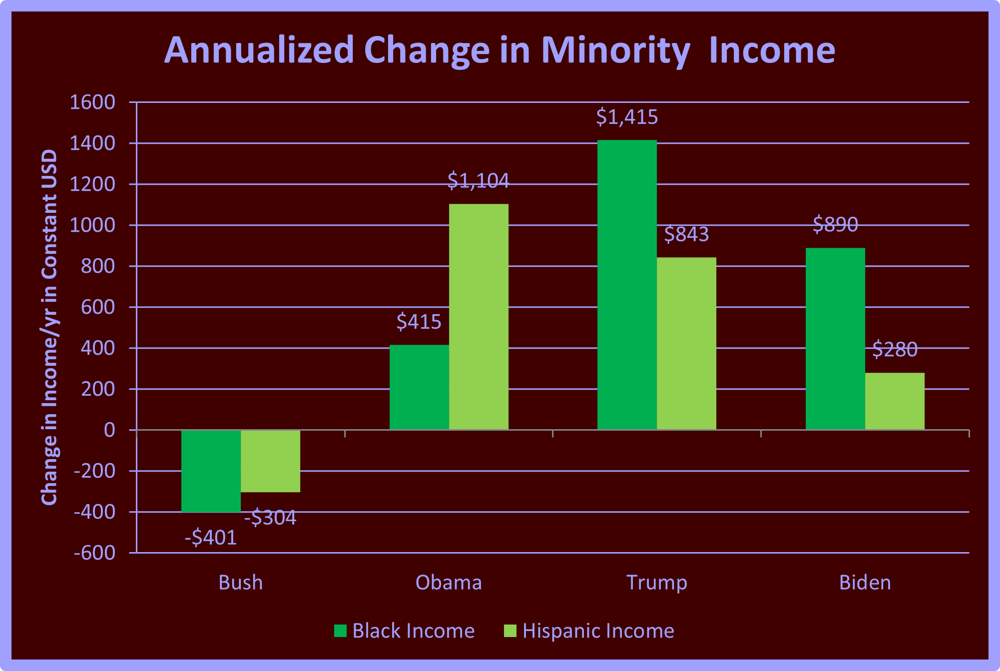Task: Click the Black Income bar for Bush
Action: (211, 471)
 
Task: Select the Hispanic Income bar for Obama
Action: (479, 317)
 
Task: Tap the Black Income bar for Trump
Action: (627, 285)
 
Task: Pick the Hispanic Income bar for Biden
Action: (895, 401)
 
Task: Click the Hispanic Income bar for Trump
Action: (686, 343)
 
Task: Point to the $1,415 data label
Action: (627, 117)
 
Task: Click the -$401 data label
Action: (211, 538)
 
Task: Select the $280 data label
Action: (895, 349)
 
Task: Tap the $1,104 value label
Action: (478, 180)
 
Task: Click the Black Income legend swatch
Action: (340, 631)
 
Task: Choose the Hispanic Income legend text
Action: (598, 631)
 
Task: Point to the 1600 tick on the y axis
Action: (92, 102)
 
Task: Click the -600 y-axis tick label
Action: (94, 553)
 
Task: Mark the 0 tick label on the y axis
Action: (109, 430)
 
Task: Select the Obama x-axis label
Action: (449, 583)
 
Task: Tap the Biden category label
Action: (865, 583)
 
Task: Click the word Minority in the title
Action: (615, 50)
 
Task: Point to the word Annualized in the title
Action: (259, 50)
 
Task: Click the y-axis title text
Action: (49, 327)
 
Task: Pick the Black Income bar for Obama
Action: (419, 387)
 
